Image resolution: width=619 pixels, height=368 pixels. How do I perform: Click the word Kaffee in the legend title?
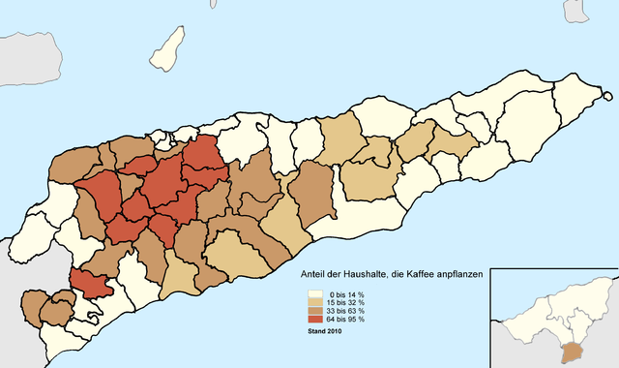click(407, 275)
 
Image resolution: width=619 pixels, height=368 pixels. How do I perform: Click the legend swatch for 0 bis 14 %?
click(315, 293)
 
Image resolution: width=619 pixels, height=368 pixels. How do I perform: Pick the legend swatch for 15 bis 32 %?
click(315, 302)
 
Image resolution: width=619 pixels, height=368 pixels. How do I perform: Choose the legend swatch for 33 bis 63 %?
click(315, 311)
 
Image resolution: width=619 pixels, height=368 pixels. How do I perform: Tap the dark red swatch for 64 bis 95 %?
click(315, 320)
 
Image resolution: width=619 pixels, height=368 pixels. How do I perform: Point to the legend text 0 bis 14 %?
click(345, 293)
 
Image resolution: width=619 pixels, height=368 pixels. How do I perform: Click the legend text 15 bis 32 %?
click(345, 302)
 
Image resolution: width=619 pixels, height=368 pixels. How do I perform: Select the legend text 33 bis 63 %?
click(345, 311)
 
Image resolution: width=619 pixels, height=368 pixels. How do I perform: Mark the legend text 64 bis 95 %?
click(345, 320)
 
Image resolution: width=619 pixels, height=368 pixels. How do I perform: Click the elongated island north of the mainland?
click(168, 48)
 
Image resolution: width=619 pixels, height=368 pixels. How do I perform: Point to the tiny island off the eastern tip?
click(606, 96)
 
